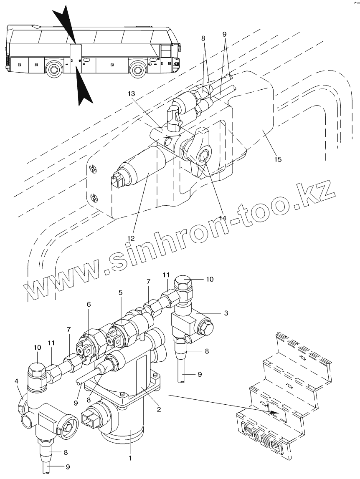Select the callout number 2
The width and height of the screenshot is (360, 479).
(x=159, y=409)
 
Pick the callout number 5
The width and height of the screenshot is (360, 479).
(x=121, y=292)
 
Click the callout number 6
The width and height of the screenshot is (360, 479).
(x=89, y=305)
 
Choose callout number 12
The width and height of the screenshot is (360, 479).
(x=132, y=238)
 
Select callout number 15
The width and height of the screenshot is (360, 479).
(x=277, y=159)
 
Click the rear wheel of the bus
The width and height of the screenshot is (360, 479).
(x=53, y=69)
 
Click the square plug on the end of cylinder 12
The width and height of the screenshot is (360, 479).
(x=117, y=180)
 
